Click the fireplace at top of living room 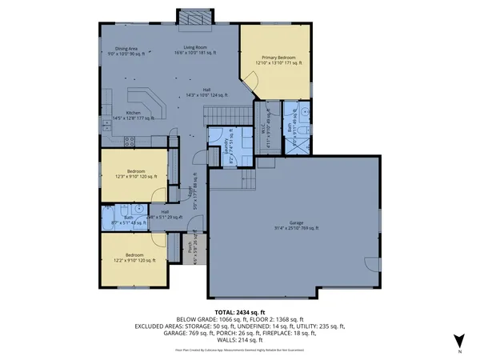(190, 18)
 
